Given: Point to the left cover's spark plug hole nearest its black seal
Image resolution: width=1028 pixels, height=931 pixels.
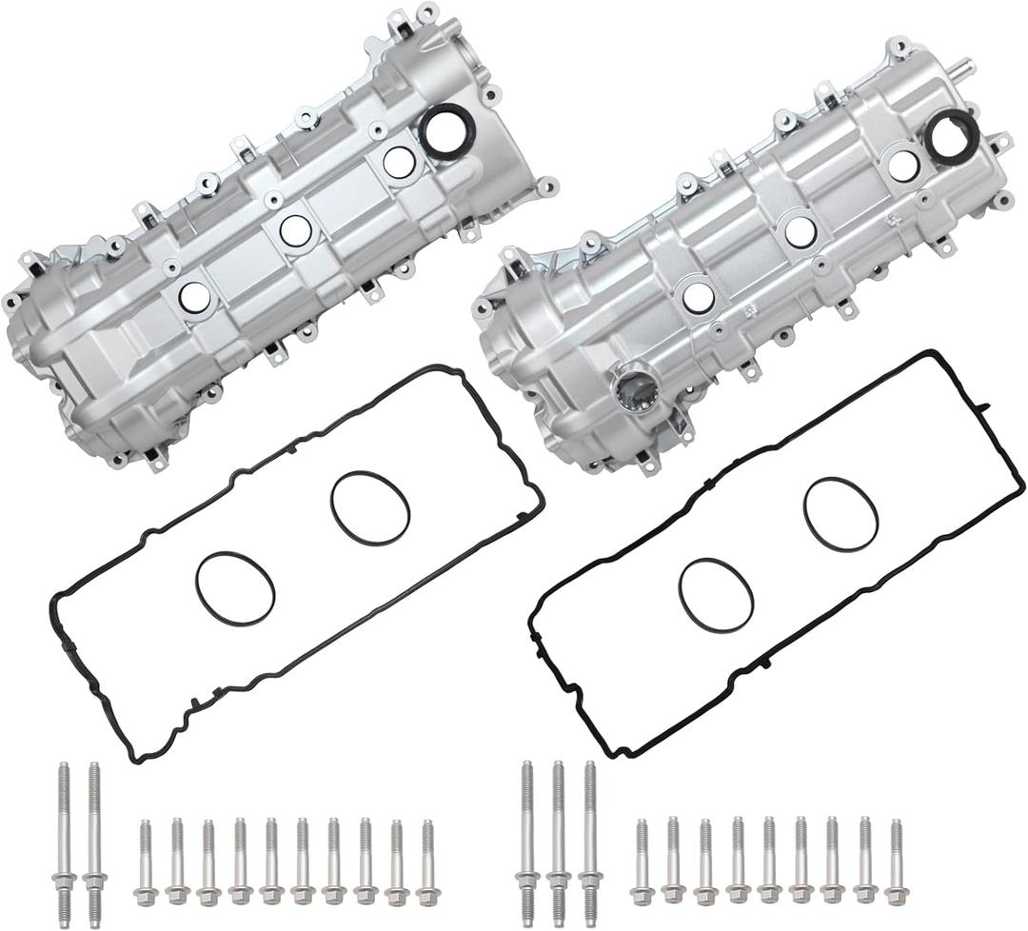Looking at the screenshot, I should point(397,162).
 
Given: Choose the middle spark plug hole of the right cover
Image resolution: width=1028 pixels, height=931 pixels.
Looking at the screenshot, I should point(800,229).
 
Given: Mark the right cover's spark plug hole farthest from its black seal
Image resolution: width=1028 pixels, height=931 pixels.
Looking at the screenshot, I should point(698,297).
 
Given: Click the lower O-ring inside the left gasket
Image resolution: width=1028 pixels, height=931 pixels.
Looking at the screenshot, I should point(235,585).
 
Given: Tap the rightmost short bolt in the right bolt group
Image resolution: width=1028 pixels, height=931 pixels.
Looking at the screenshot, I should point(895,861).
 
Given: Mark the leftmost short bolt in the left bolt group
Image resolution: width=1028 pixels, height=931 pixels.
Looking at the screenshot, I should point(146,862).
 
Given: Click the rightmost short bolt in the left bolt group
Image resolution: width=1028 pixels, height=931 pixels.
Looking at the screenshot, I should point(426,861).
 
